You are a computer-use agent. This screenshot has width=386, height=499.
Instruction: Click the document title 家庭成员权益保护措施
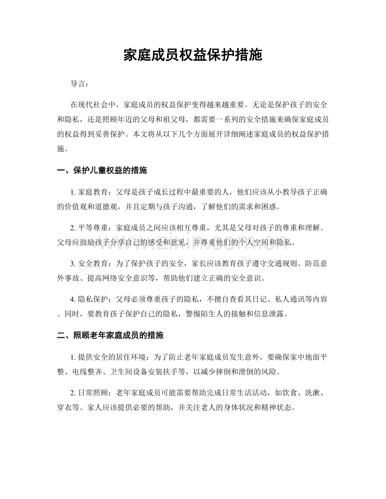193,55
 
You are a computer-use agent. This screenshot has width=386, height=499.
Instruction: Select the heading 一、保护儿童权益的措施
102,171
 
